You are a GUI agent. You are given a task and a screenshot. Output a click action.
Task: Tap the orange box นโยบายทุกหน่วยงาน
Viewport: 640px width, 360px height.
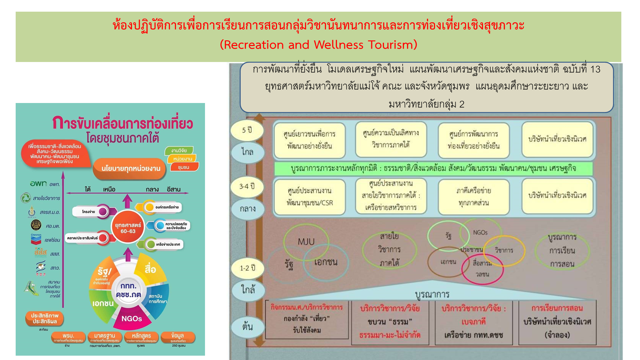(x=131, y=168)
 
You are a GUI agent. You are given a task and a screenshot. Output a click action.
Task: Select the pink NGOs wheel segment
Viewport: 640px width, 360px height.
(x=132, y=319)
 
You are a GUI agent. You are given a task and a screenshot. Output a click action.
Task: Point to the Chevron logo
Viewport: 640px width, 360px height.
(x=36, y=239)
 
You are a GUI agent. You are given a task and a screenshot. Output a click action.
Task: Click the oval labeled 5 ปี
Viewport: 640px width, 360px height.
(x=247, y=130)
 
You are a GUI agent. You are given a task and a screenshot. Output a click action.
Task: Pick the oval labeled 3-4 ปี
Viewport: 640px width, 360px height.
(x=247, y=186)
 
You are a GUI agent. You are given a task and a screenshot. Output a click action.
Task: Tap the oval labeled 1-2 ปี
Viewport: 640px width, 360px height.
(x=248, y=268)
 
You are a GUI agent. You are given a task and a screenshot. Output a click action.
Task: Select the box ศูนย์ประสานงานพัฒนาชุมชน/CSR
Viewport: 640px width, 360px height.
(x=310, y=197)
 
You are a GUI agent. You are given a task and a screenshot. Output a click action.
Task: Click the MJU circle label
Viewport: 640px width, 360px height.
(x=306, y=242)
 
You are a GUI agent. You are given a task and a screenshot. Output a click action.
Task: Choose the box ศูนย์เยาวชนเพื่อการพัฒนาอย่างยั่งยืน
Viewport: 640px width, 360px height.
(x=310, y=140)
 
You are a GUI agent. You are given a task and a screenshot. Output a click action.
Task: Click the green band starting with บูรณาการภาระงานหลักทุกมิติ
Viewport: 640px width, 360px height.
(x=433, y=168)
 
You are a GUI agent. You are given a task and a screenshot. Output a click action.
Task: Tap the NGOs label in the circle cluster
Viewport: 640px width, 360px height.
(x=480, y=233)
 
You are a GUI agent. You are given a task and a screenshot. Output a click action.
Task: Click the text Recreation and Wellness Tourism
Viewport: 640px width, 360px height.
(x=319, y=45)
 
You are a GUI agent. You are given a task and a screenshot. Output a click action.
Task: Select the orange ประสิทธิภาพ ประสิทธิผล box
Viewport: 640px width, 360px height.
(x=45, y=318)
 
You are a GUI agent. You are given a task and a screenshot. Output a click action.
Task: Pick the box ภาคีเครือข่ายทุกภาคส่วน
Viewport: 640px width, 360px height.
(x=474, y=197)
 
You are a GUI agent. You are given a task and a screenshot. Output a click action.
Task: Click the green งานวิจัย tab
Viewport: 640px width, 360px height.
(x=179, y=151)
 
